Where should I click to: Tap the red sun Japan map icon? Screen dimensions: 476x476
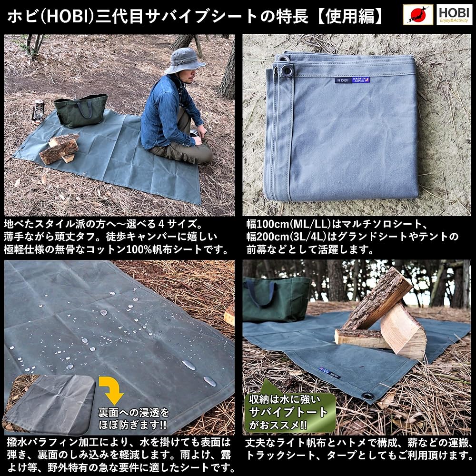point(418,15)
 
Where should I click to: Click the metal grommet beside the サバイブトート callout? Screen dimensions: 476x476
point(367,396)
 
